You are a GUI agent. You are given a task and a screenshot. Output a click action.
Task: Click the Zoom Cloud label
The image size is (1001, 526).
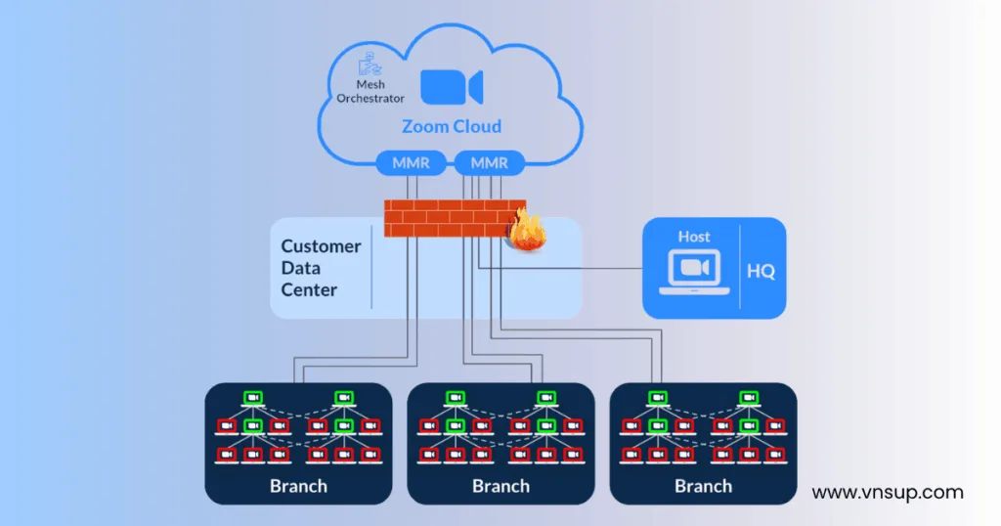pos(451,126)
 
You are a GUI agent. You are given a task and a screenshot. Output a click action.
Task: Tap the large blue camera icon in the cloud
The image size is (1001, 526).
pos(451,88)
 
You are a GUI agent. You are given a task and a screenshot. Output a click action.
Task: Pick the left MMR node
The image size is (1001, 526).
pos(410,163)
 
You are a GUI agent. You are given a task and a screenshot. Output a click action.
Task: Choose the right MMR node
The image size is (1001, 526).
pos(489,163)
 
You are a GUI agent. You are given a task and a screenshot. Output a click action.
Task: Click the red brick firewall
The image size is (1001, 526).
pos(453,218)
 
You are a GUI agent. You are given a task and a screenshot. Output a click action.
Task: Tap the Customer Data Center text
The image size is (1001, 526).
pos(321,268)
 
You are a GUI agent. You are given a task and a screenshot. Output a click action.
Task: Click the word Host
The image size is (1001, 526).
pos(694,237)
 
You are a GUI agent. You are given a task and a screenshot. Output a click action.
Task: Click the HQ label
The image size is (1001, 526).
pos(761,272)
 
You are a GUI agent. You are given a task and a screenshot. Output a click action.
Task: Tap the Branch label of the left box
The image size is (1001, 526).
pos(298,486)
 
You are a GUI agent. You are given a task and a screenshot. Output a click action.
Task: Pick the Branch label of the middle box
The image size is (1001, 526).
pos(500,486)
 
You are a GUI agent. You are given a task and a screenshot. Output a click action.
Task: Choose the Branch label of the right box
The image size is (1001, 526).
pos(703,486)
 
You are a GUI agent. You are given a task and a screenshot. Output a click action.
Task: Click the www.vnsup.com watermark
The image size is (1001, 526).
pos(888,493)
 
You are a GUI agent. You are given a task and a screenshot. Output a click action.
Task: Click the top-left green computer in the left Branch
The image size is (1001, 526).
pos(253,398)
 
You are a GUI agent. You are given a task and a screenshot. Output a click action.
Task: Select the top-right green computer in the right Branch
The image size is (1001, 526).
pos(748,398)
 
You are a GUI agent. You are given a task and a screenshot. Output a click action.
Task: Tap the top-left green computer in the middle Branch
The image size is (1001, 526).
pos(456,398)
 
